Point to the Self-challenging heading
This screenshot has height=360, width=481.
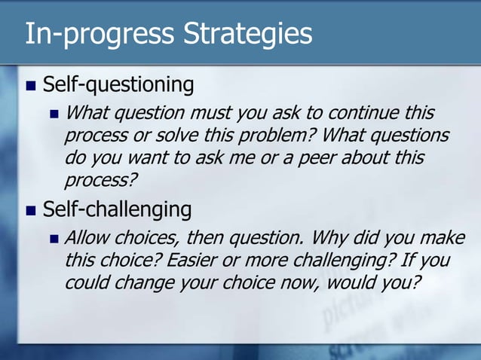point(117,208)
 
